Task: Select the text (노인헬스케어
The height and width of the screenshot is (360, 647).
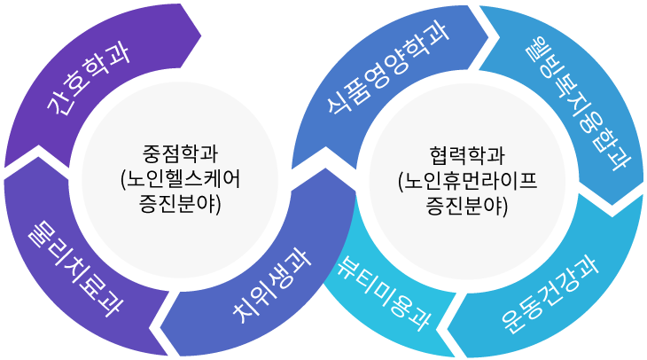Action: [180, 177]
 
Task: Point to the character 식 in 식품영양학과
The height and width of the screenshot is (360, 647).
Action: [338, 98]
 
